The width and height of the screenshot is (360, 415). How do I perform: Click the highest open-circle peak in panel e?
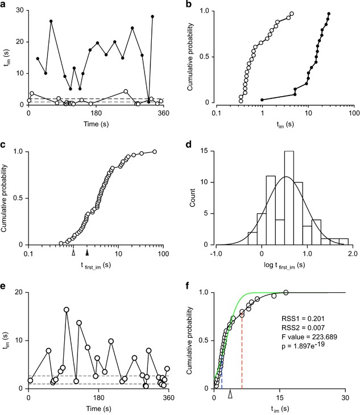tap(67, 310)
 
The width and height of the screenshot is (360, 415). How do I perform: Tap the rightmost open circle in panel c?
tap(155, 152)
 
